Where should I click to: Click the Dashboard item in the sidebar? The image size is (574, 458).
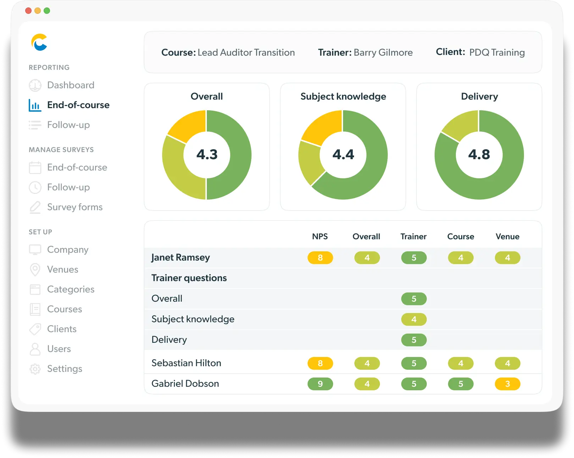[71, 85]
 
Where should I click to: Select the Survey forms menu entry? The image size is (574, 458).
[74, 207]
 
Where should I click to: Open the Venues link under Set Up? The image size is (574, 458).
[62, 269]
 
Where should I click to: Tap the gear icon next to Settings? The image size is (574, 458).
[35, 369]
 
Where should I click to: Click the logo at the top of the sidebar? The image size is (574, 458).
[39, 42]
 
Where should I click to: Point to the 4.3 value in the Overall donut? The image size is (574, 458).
[207, 155]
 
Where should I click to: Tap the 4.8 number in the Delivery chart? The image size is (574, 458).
[479, 155]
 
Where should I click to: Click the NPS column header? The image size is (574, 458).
[320, 236]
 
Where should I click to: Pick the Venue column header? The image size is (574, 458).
[507, 236]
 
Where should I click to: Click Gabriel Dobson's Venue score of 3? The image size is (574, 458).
[507, 384]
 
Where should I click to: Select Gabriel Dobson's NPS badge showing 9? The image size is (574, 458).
[320, 384]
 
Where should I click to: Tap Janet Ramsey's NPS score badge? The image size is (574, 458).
[320, 258]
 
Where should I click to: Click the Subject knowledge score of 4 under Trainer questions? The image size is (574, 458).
[414, 319]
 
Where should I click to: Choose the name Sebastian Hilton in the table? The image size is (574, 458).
[186, 363]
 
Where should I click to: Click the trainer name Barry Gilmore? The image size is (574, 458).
[383, 52]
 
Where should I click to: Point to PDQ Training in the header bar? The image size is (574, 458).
[497, 52]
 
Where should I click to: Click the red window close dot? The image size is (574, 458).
[28, 11]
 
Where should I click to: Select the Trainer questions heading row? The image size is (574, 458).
[189, 278]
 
